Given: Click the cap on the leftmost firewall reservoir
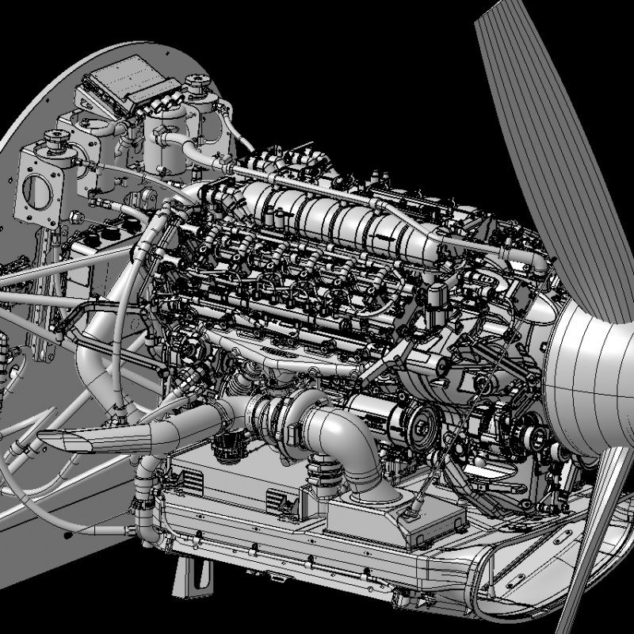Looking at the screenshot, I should (x=58, y=142).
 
